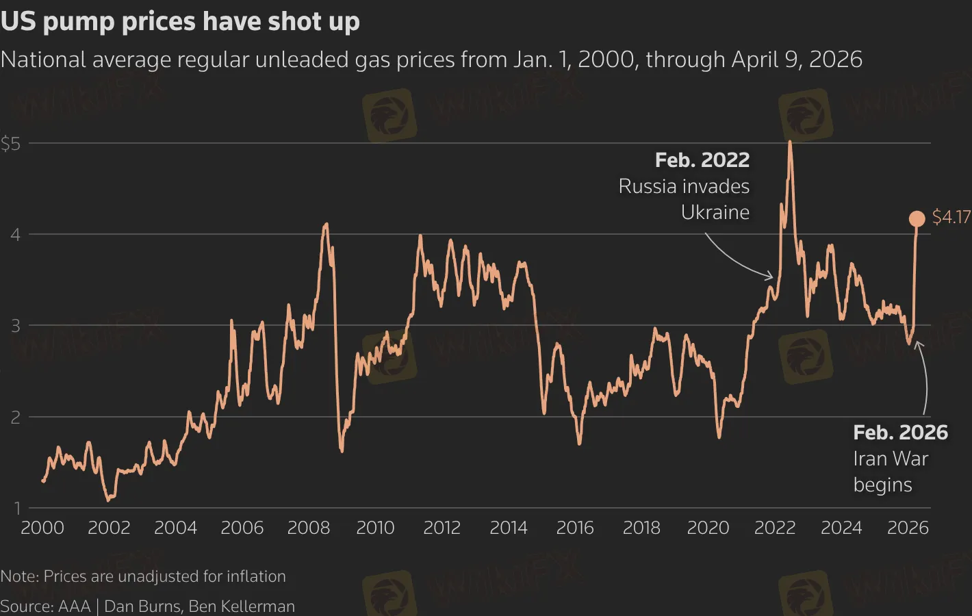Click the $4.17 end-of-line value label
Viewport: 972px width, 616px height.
[951, 217]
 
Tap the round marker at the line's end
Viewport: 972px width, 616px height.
[917, 218]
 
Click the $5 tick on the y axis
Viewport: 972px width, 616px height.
[11, 144]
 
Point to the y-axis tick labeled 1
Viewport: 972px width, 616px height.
[16, 508]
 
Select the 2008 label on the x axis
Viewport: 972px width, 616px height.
[308, 528]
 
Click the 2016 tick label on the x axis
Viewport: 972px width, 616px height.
[574, 528]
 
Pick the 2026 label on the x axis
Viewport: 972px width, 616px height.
[908, 528]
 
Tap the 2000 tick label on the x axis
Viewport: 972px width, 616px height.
[42, 528]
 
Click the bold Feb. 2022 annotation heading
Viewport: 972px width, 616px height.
[702, 160]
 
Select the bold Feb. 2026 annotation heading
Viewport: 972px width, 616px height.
[900, 433]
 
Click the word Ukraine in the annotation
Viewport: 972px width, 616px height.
[715, 212]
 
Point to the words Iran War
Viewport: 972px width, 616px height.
[890, 459]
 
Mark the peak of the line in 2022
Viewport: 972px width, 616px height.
[790, 142]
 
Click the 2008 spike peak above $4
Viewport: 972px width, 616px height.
[326, 224]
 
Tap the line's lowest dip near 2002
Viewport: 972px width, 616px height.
[107, 500]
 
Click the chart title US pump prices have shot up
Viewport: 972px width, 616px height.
[180, 21]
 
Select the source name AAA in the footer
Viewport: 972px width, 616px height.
[75, 606]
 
